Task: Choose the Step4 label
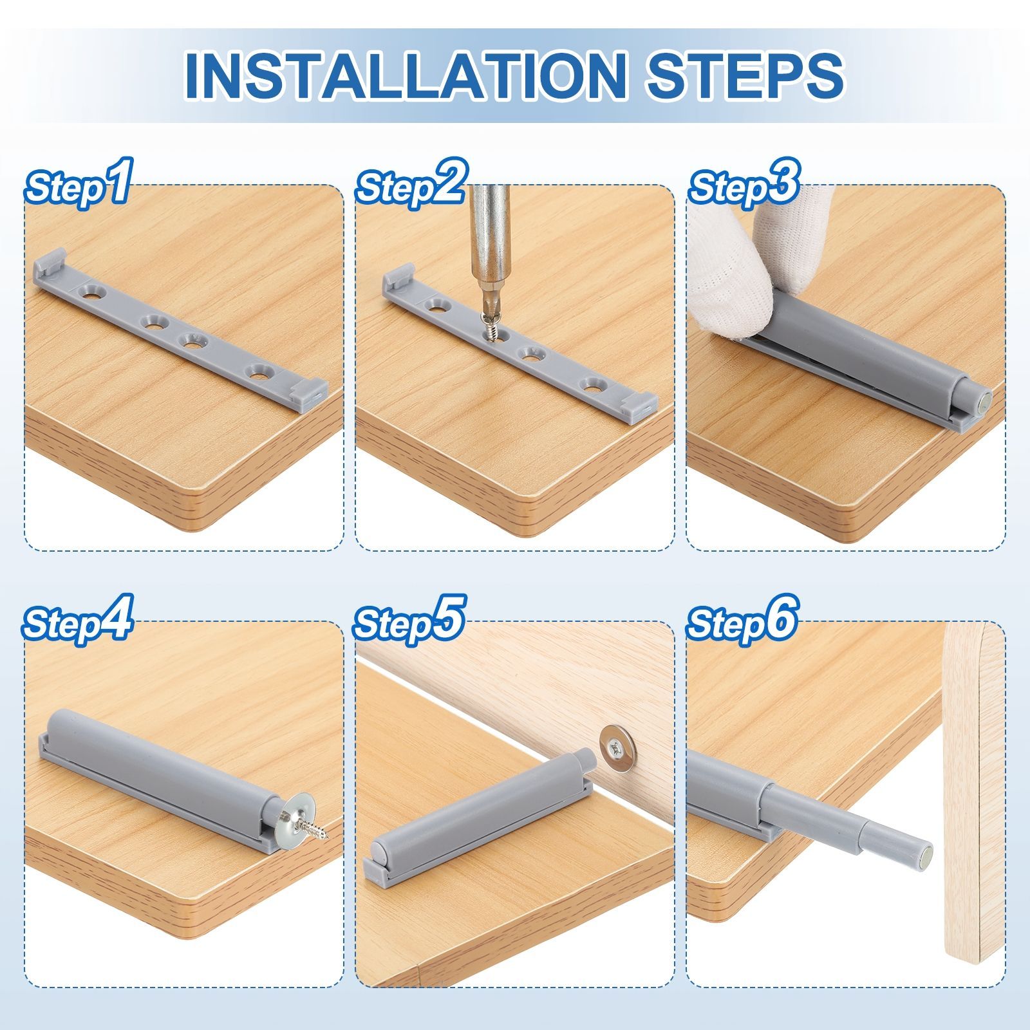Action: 78,620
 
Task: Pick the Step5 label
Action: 409,620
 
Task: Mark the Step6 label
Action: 742,620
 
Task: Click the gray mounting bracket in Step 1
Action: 180,332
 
